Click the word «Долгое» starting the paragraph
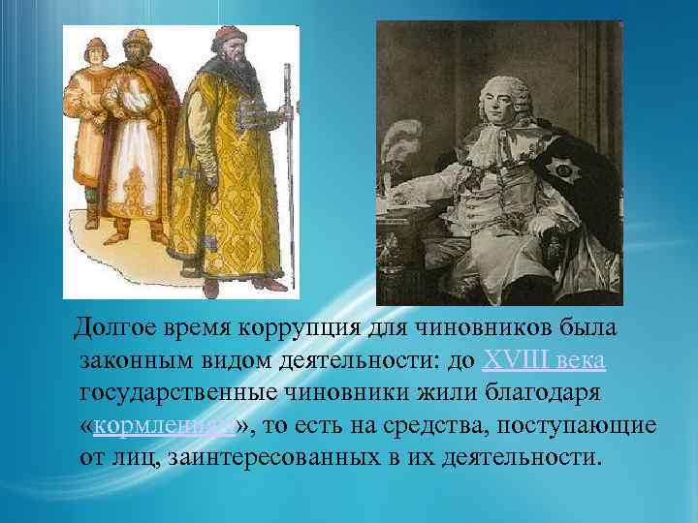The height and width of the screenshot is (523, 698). (111, 329)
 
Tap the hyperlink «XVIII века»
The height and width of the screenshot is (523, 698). (545, 361)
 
